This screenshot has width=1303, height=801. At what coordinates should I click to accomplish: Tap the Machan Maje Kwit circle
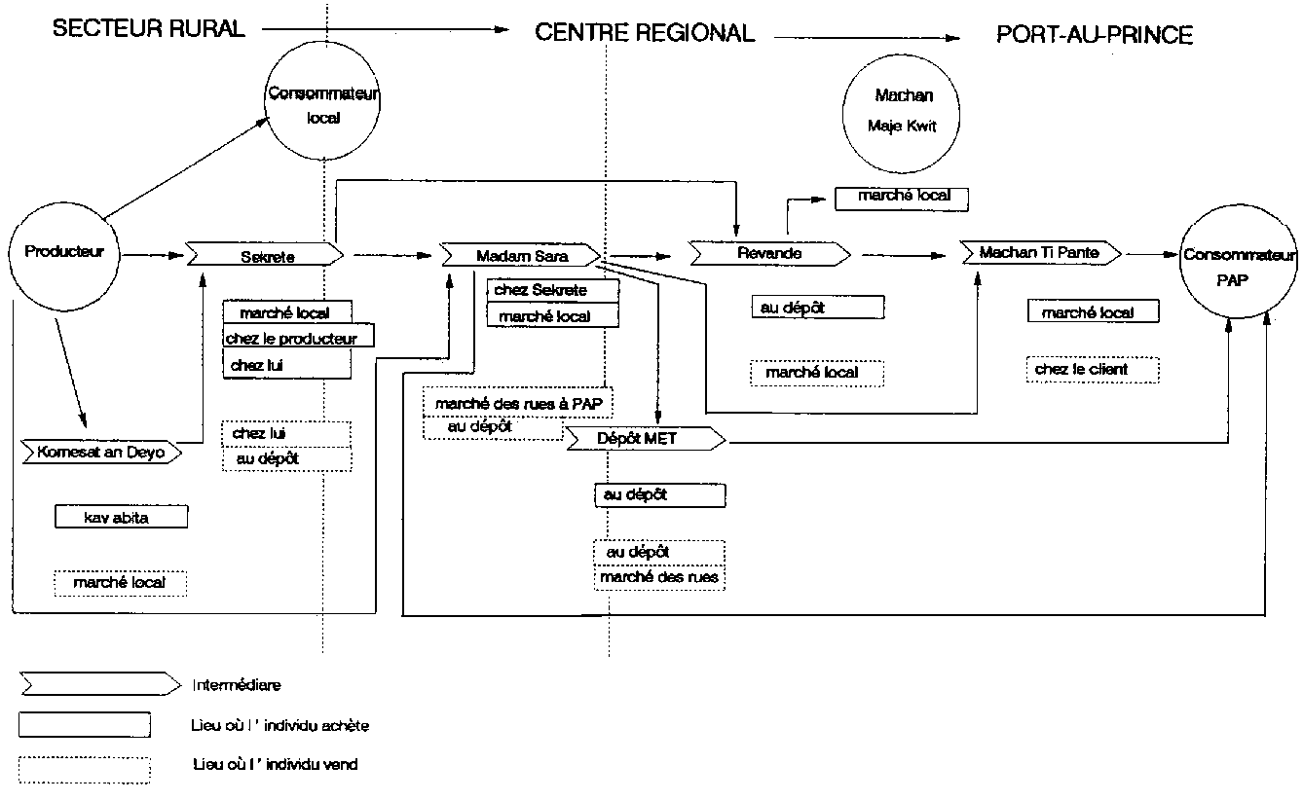[x=905, y=111]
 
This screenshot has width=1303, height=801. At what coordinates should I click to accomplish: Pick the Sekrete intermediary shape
[x=265, y=256]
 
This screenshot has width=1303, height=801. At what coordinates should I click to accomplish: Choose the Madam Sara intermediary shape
[x=521, y=256]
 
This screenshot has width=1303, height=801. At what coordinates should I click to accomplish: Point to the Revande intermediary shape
[x=769, y=254]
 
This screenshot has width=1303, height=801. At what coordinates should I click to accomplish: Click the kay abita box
[x=121, y=518]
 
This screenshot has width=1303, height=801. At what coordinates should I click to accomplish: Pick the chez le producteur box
[x=298, y=338]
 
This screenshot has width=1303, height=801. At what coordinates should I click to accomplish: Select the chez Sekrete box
[x=553, y=290]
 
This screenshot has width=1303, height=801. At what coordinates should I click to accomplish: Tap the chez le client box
[x=1094, y=370]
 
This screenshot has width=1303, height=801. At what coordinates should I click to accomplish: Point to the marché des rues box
[x=659, y=578]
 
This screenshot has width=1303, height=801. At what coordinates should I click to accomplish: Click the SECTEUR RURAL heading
[x=148, y=29]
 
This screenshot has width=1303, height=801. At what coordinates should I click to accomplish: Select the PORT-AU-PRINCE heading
[x=1095, y=35]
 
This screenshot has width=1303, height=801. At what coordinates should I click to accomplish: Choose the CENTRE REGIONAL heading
[x=645, y=33]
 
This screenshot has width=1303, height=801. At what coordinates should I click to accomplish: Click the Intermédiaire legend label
[x=237, y=685]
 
